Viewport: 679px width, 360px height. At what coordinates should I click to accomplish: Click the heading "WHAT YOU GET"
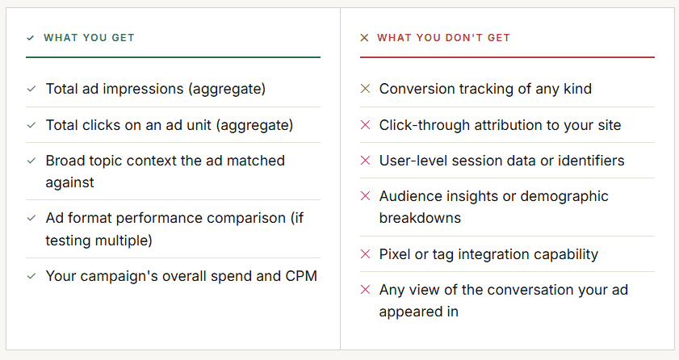pos(89,38)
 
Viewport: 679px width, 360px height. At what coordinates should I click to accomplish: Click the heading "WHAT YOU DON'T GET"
pos(443,38)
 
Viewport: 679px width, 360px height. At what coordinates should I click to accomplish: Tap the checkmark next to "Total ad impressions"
pos(31,89)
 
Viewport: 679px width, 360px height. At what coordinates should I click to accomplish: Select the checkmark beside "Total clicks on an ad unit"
pos(31,125)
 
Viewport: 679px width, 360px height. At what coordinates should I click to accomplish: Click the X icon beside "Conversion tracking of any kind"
pos(365,89)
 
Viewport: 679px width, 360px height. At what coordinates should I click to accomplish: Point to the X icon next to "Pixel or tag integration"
pos(365,254)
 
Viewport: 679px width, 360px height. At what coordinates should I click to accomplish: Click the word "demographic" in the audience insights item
pos(564,196)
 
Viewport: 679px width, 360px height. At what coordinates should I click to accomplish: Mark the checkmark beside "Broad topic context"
pos(31,161)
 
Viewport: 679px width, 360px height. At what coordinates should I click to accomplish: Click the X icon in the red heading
pos(364,38)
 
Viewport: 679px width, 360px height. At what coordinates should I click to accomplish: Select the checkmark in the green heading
pos(31,38)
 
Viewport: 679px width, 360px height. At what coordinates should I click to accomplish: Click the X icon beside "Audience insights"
pos(365,196)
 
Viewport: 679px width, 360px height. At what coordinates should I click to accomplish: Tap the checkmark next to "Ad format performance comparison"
pos(31,218)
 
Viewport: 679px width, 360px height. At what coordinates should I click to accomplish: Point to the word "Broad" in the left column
pos(65,161)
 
